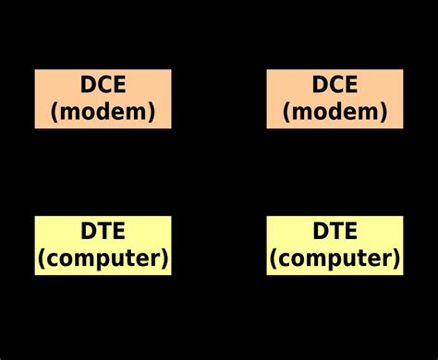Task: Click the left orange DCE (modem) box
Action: point(103,98)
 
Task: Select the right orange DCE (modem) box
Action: point(335,98)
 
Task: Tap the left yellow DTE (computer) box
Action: point(103,245)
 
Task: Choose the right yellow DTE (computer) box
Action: point(335,245)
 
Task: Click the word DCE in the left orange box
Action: point(103,85)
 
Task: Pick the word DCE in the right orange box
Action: point(335,85)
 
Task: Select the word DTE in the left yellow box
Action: point(103,231)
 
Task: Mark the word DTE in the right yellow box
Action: point(335,231)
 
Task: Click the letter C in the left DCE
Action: point(103,85)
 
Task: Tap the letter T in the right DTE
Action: point(335,231)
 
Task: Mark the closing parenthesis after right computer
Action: point(396,258)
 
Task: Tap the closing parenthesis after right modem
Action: point(381,113)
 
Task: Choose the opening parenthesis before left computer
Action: point(42,258)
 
